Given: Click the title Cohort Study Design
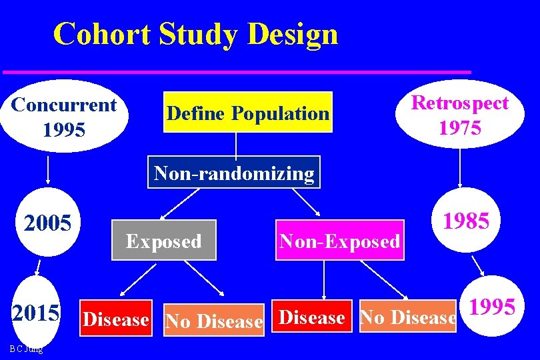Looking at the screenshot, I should (x=195, y=33).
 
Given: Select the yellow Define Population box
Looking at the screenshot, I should (x=248, y=113).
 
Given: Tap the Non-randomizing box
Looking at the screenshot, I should (x=234, y=173).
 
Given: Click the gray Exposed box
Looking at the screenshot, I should (x=164, y=240).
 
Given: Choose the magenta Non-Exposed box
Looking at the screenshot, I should (x=340, y=240).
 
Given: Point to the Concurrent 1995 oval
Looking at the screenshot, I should (x=64, y=116).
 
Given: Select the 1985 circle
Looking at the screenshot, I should (x=467, y=221).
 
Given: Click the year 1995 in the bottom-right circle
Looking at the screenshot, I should (x=492, y=307).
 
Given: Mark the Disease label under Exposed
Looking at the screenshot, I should (x=115, y=319).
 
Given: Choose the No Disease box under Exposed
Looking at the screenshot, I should (x=214, y=321).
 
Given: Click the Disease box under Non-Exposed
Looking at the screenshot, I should (x=312, y=317).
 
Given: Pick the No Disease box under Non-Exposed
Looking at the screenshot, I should (x=408, y=318).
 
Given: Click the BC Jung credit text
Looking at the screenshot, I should (x=27, y=349).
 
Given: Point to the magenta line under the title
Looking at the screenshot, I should (x=237, y=71).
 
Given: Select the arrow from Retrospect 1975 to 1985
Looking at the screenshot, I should (x=459, y=167).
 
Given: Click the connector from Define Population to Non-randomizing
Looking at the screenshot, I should (x=237, y=144).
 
